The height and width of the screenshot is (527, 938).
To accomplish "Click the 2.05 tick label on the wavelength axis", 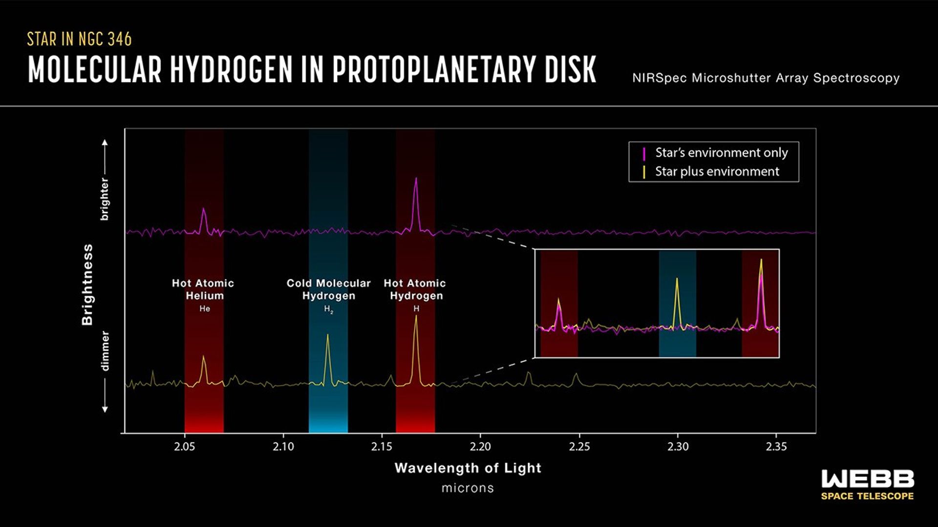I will tap(185, 446).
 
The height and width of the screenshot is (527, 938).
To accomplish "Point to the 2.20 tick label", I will tap(480, 446).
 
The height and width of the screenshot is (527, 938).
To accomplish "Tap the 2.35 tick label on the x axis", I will tap(776, 446).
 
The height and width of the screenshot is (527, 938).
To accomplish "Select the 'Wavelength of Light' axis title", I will tap(468, 468).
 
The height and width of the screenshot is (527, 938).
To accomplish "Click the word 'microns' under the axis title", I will tap(468, 488).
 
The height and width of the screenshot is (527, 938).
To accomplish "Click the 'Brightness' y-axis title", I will tap(87, 284).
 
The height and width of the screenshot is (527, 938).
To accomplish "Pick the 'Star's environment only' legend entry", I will tap(721, 153).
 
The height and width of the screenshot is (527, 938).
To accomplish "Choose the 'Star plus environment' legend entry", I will tap(717, 172).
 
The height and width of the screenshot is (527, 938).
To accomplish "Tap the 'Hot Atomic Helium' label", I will tap(203, 289).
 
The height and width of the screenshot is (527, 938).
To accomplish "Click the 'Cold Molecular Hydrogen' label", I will tap(328, 289).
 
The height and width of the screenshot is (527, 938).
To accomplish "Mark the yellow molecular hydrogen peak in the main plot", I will tap(327, 336).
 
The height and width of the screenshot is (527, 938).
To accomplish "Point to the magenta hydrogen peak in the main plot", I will tap(416, 179).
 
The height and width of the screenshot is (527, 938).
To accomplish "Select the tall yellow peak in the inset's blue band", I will tap(677, 280).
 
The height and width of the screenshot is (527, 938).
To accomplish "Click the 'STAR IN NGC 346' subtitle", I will tap(79, 39).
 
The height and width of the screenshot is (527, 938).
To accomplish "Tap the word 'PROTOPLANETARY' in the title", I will tap(435, 69).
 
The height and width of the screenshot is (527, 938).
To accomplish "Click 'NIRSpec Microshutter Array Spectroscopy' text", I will tap(766, 78).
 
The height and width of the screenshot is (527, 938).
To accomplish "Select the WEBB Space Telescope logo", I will tap(867, 485).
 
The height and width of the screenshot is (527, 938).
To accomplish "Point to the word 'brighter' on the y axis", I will tap(105, 199).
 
